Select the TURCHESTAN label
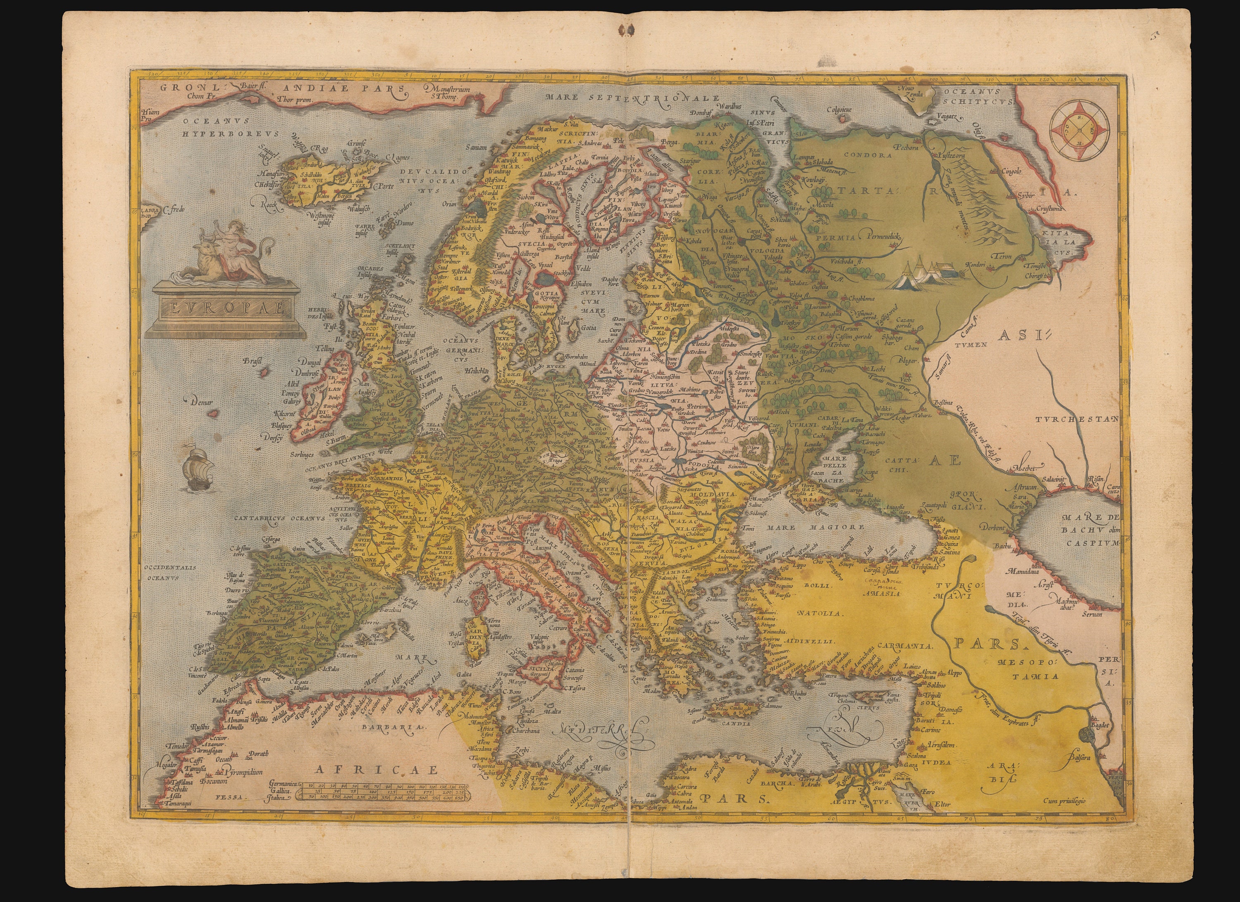pos(1074,419)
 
